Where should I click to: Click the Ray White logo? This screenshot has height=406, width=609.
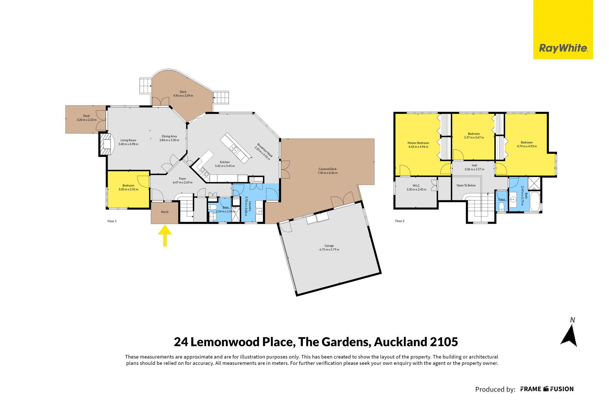click(563, 29)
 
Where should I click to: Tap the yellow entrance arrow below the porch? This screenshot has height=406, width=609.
click(165, 235)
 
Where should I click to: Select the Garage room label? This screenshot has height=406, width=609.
click(329, 246)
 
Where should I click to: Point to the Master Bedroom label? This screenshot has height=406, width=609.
click(418, 143)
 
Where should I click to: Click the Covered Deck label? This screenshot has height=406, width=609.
click(328, 169)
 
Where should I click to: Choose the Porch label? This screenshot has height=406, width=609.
click(165, 212)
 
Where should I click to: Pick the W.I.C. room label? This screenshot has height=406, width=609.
click(416, 185)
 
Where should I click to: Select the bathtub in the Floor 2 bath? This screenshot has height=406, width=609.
click(535, 202)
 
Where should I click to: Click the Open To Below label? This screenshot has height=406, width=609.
click(466, 185)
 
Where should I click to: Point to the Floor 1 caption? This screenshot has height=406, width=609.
click(112, 221)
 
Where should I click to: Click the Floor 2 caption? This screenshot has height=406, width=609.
click(400, 221)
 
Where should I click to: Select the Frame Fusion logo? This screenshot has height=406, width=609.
click(547, 389)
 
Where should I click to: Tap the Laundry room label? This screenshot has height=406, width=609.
click(250, 201)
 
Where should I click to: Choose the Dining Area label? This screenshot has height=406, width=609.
click(169, 136)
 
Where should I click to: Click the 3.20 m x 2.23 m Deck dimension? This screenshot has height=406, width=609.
click(87, 120)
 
